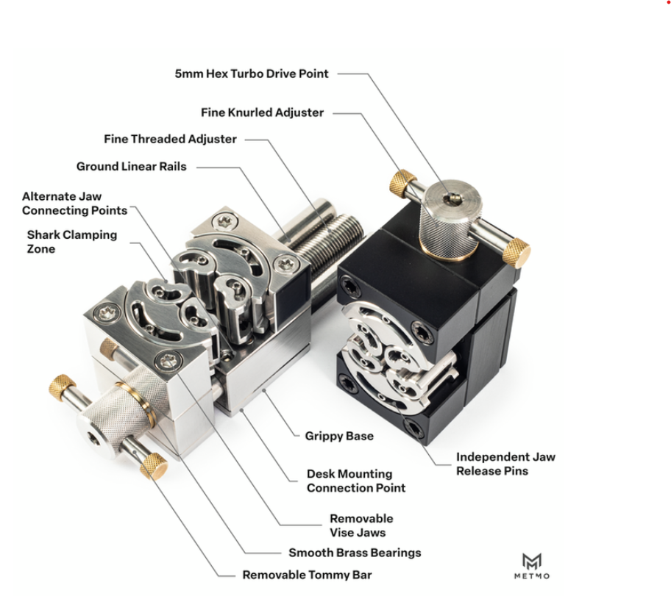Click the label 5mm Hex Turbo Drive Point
[x=252, y=74]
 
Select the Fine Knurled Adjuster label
[x=263, y=113]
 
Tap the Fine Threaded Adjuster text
[x=170, y=140]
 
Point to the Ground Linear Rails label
[x=132, y=166]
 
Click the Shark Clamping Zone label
[x=72, y=242]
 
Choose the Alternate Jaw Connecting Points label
[x=74, y=204]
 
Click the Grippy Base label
[x=339, y=436]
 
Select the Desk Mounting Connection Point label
[x=356, y=481]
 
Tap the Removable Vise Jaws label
[x=361, y=525]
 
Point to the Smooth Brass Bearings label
[x=355, y=553]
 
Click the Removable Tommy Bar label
[x=308, y=575]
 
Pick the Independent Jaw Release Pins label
[x=505, y=464]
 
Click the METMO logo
[x=532, y=566]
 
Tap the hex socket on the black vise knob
[x=452, y=198]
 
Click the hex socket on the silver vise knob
[x=93, y=437]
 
